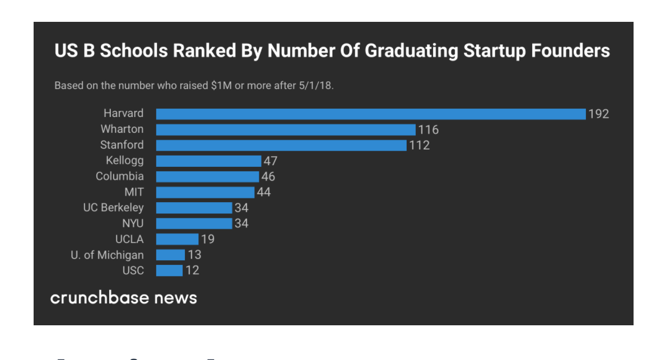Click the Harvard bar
pos(370,114)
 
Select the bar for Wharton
pos(286,130)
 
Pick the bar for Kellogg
pos(208,161)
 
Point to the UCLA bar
pos(177,240)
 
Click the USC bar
pos(169,271)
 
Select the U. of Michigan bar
pos(170,255)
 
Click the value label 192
pos(598,114)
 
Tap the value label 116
pos(429,130)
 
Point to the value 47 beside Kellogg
pos(271,161)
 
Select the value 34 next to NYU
pos(241,224)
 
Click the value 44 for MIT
pos(263,193)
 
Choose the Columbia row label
pos(119,177)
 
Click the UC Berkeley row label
pos(113,208)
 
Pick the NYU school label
pos(133,224)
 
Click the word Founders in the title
pos(567,52)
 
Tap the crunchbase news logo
pos(124,297)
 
